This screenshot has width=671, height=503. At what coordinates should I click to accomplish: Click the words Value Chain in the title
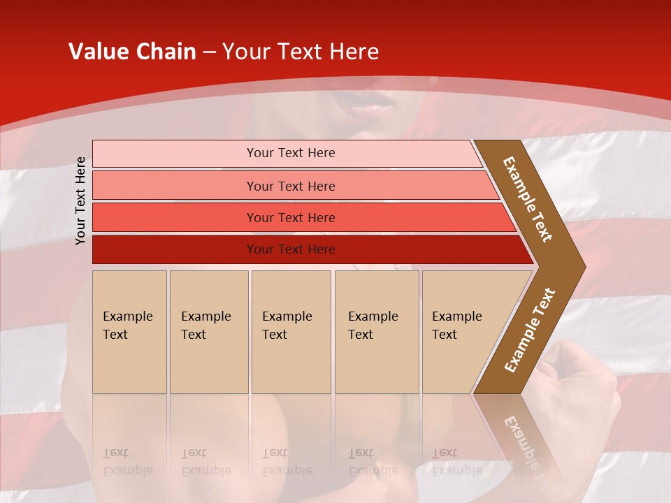(x=132, y=52)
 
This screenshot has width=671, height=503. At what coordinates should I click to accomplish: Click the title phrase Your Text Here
(x=301, y=52)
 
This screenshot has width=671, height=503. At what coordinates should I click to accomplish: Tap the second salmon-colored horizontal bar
(x=291, y=186)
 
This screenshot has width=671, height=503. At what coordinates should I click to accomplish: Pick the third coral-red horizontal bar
(x=291, y=217)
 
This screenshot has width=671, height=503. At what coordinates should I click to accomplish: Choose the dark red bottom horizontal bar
(x=291, y=249)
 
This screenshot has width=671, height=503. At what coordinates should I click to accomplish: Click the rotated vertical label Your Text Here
(x=81, y=201)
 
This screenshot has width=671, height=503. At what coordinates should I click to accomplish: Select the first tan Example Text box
(x=129, y=331)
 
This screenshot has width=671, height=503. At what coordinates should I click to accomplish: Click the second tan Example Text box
(x=208, y=331)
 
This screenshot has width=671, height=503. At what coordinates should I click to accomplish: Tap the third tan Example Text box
(x=291, y=331)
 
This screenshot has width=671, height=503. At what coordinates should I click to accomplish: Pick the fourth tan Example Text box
(x=377, y=331)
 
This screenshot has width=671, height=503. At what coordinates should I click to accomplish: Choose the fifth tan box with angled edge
(x=461, y=331)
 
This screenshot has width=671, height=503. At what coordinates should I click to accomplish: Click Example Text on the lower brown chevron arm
(x=530, y=330)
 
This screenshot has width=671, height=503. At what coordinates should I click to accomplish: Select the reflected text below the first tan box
(x=127, y=462)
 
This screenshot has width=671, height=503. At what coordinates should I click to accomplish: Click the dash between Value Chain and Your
(x=209, y=52)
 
